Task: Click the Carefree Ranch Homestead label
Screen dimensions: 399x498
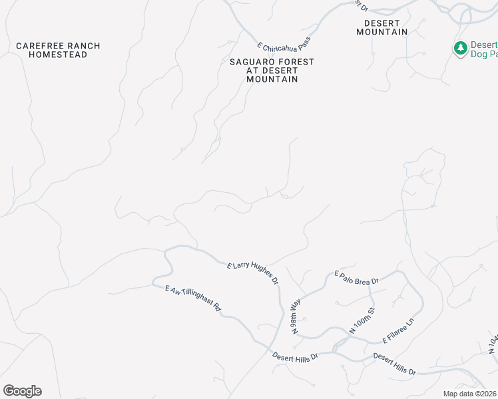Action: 58,50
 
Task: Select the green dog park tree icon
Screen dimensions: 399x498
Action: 460,48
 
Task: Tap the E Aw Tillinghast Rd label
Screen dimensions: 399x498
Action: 193,301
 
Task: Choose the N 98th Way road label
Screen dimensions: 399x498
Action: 296,316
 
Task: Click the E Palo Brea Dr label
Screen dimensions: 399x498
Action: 356,277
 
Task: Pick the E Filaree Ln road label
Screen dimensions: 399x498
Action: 398,331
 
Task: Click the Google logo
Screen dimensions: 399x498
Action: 22,391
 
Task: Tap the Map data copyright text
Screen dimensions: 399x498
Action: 470,394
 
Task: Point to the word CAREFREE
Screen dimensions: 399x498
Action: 39,46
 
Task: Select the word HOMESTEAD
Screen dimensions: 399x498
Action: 58,55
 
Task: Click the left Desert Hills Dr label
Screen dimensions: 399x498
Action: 296,356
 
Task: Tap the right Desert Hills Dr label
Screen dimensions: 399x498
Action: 394,363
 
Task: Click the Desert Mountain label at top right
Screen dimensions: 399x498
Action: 381,27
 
